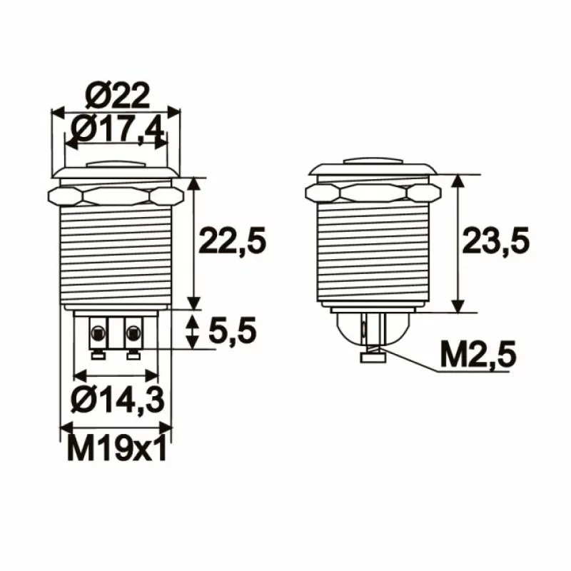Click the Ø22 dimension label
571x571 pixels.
(117, 95)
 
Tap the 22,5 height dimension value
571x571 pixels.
(233, 241)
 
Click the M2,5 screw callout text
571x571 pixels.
(477, 355)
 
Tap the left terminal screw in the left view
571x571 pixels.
(96, 331)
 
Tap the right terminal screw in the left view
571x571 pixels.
(133, 331)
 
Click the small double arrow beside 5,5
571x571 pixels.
(193, 332)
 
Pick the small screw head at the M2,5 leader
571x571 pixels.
(370, 358)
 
